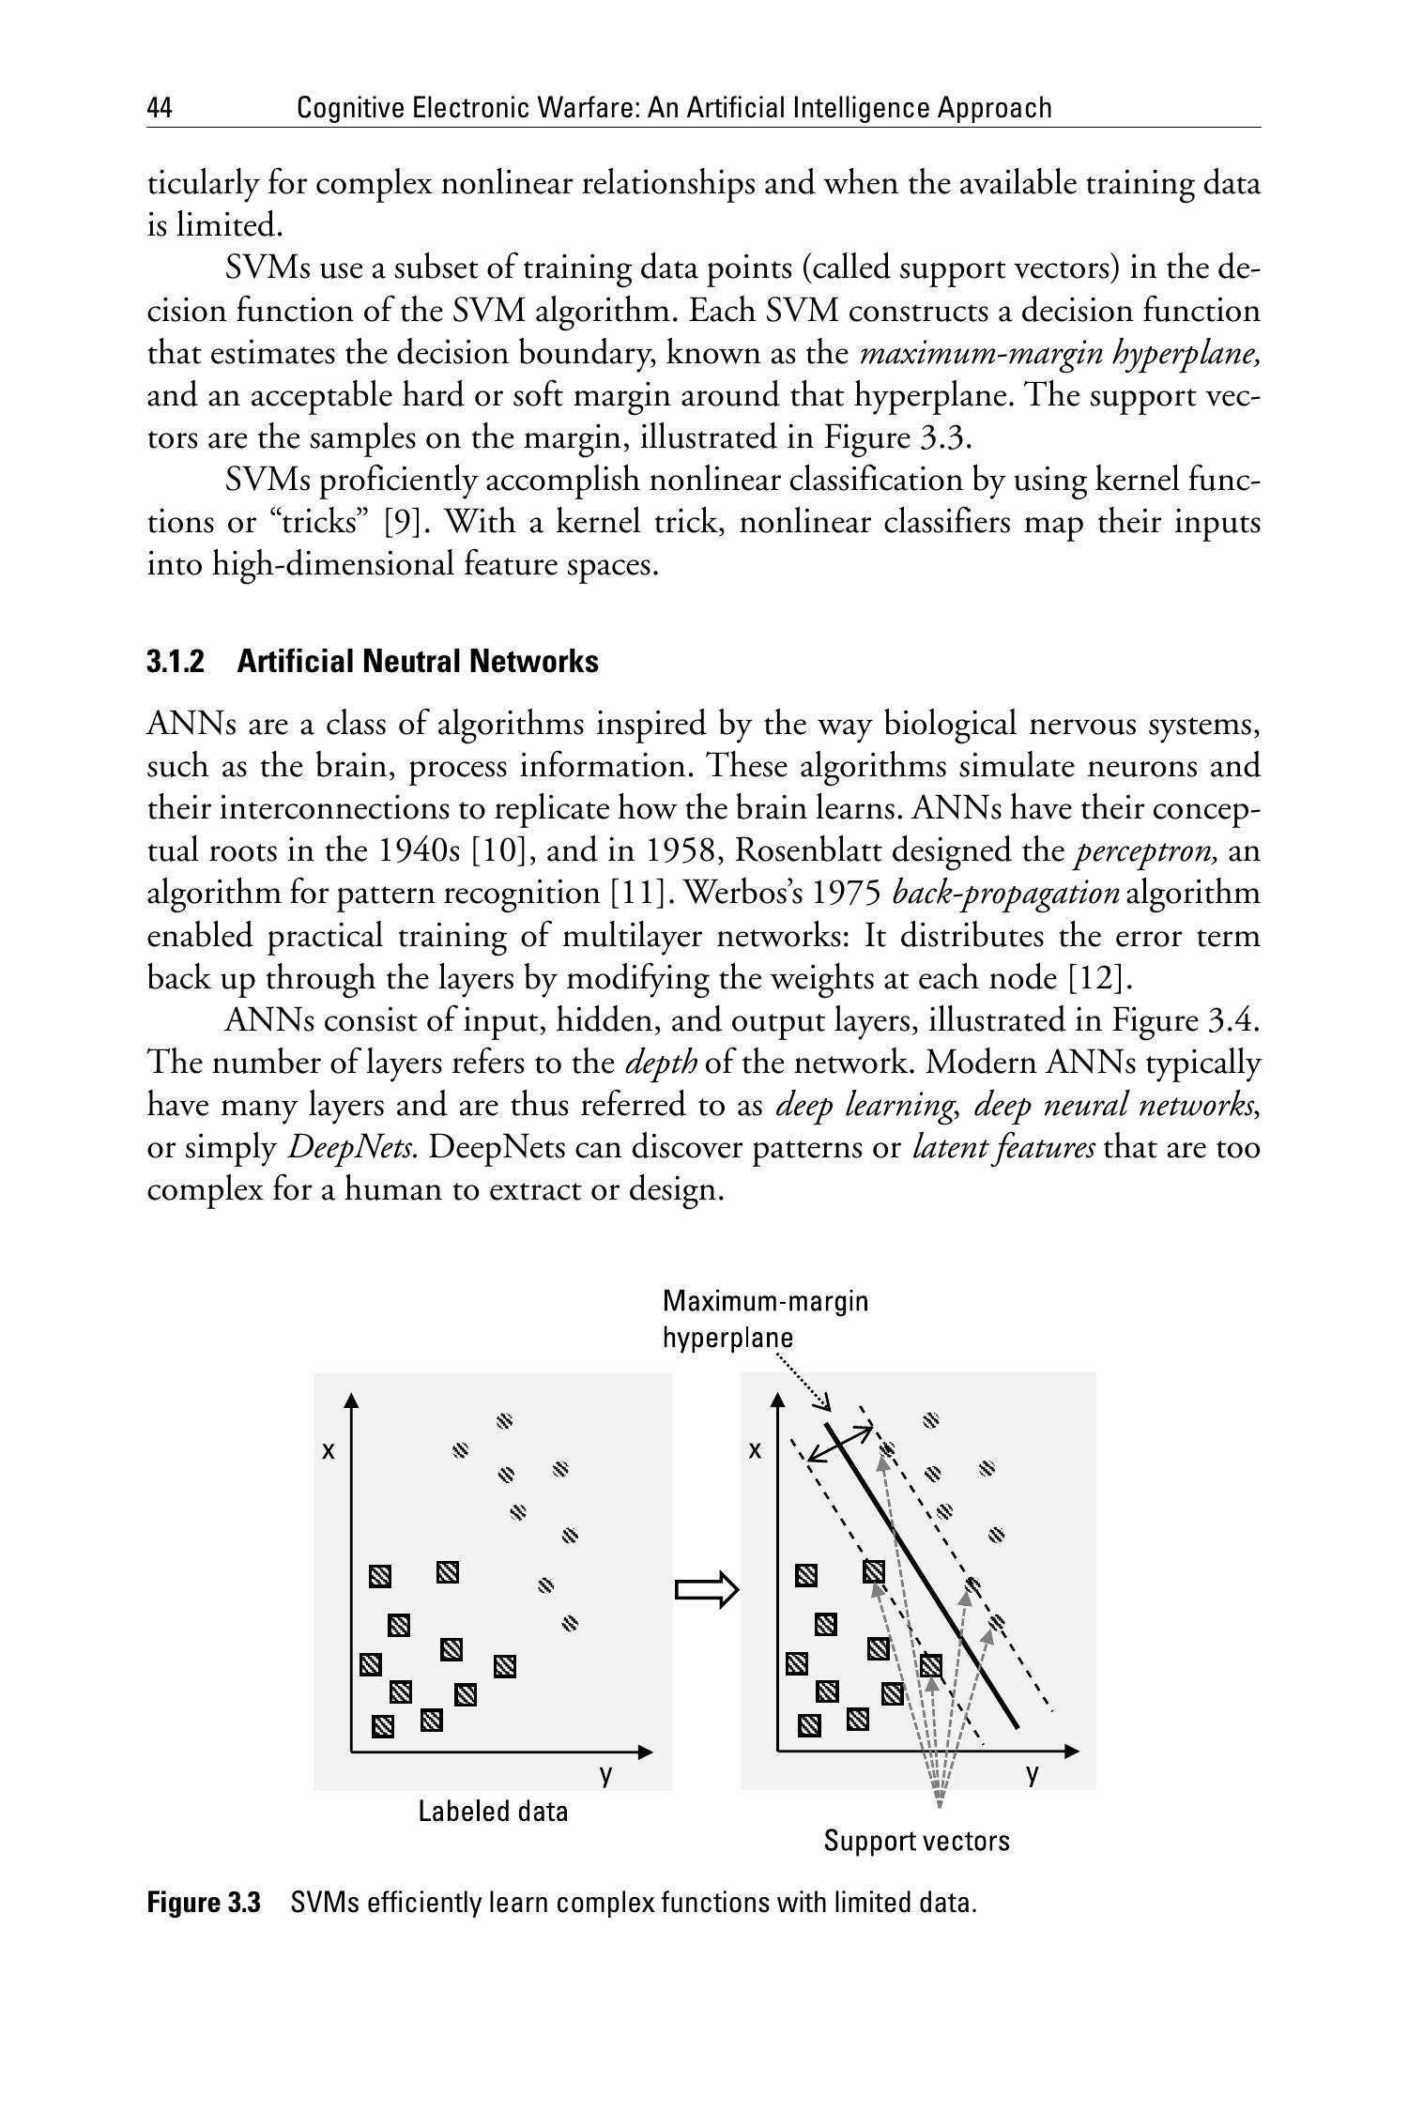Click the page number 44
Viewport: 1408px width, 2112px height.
160,109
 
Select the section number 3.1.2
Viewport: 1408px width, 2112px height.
176,662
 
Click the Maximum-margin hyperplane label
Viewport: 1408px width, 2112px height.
765,1319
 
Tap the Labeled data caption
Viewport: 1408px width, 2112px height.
493,1811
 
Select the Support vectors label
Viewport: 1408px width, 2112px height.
916,1841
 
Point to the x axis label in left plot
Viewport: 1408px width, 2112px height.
329,1450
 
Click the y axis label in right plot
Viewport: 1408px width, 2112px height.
1033,1773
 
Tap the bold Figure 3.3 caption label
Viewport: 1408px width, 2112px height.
203,1903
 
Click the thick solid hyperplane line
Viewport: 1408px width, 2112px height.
925,1577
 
